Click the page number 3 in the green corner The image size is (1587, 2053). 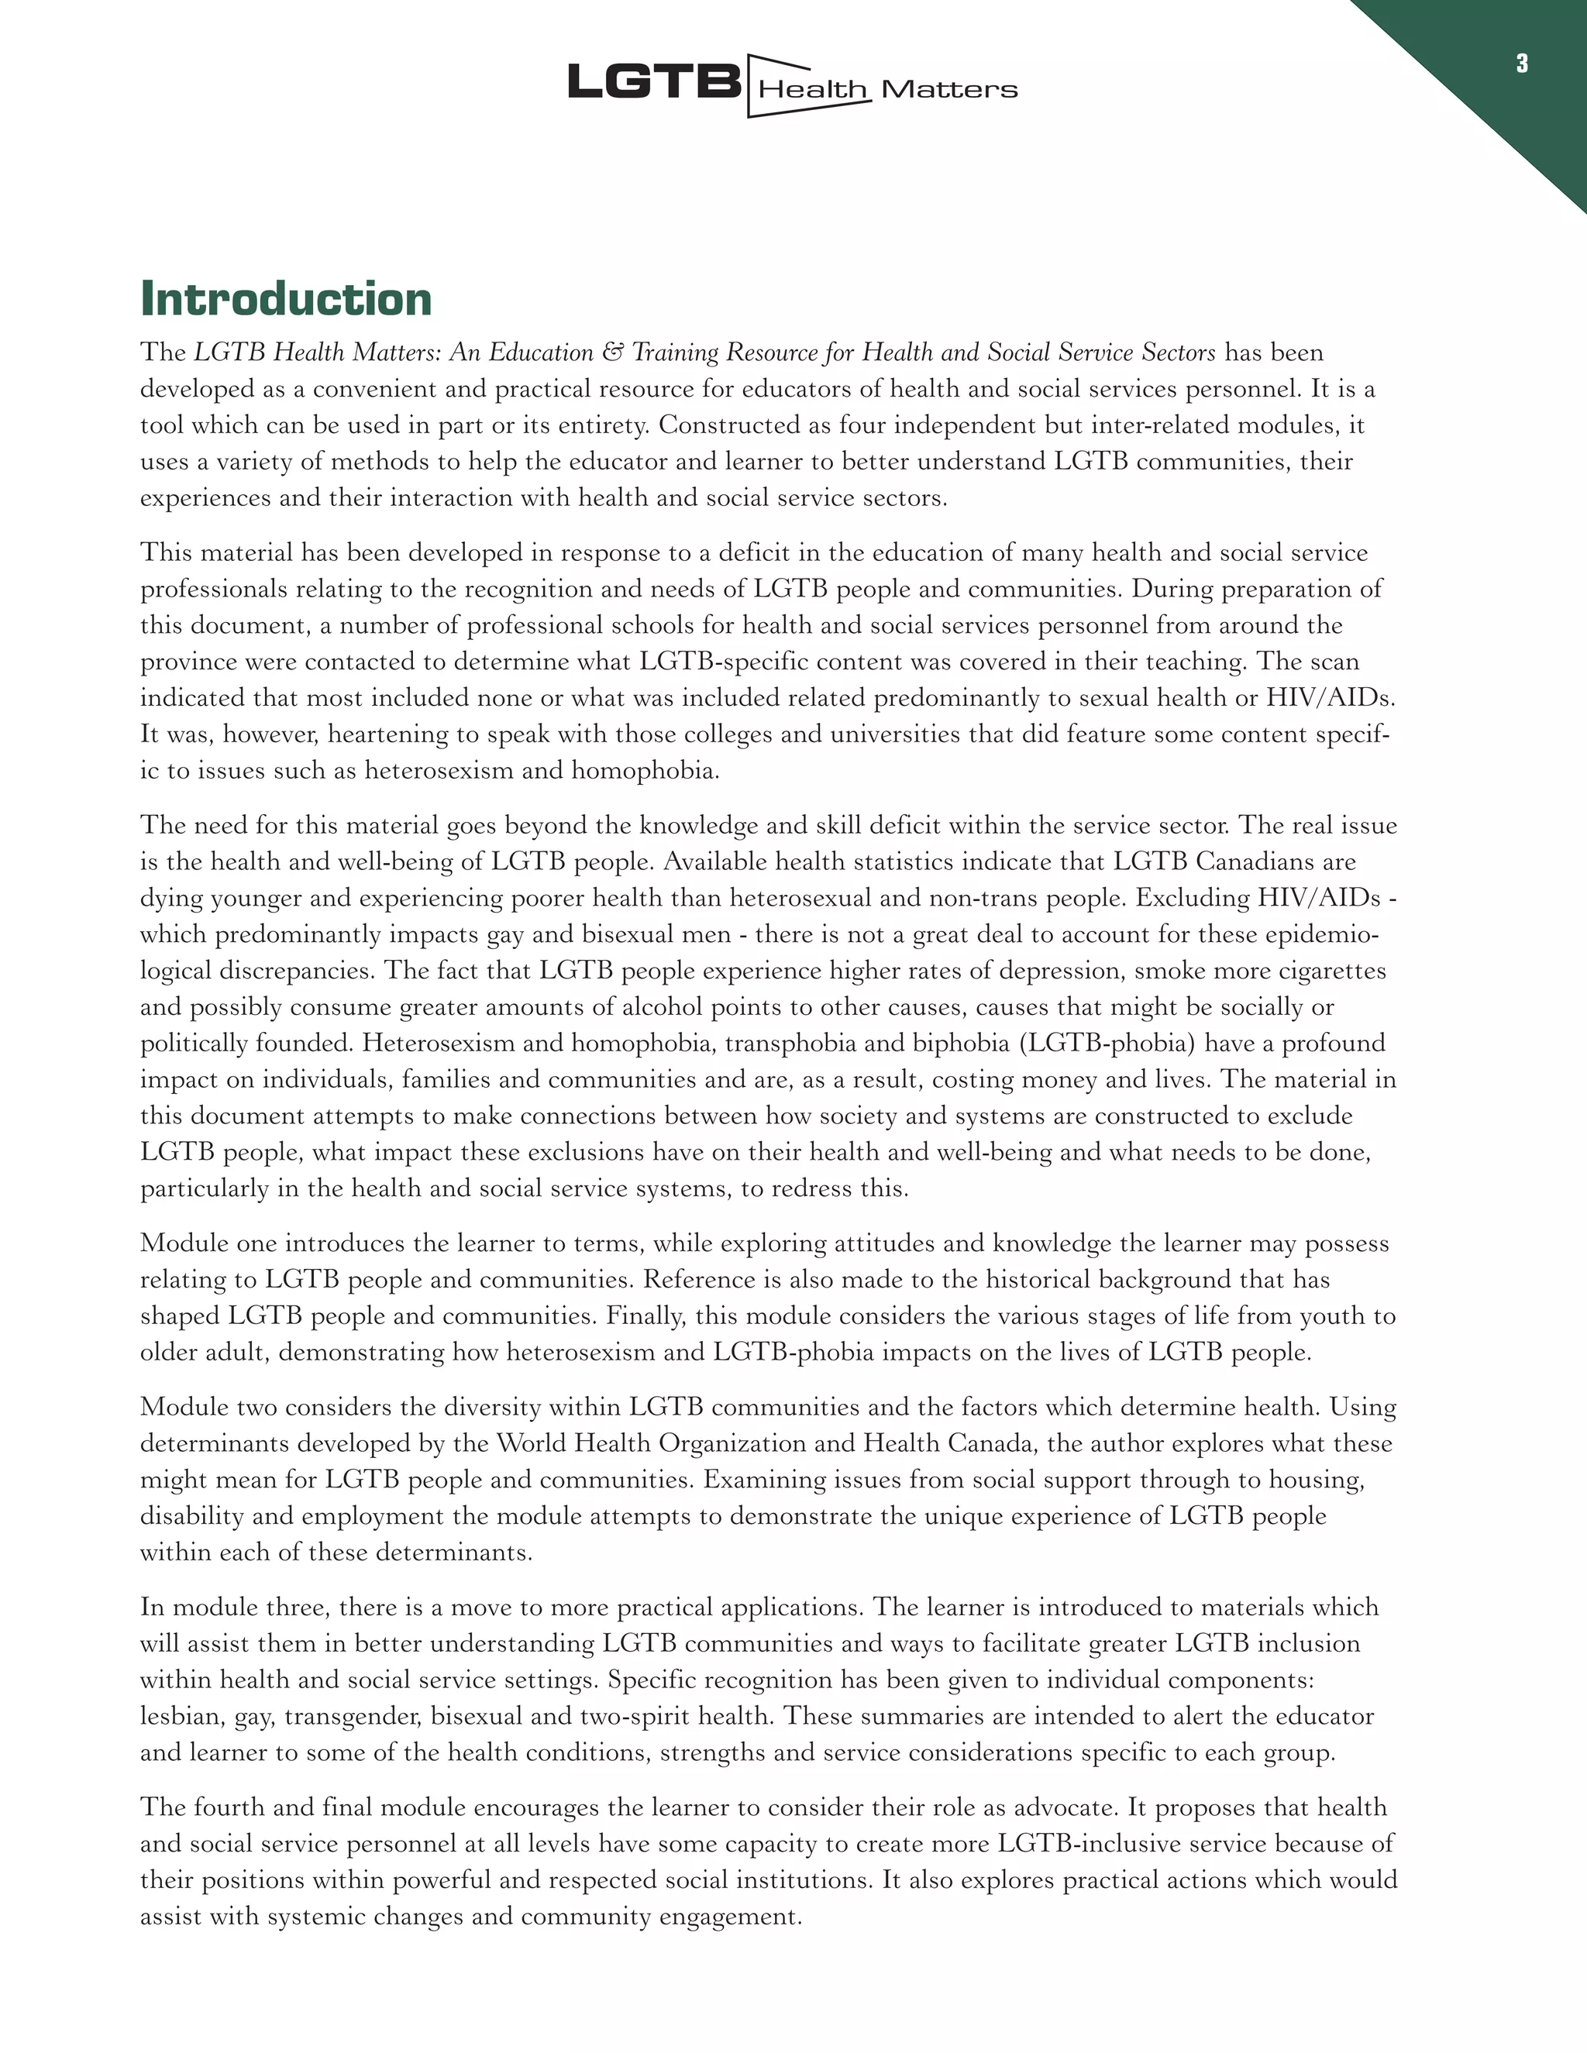point(1521,64)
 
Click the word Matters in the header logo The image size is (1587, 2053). point(948,90)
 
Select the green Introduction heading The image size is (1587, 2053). point(286,299)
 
